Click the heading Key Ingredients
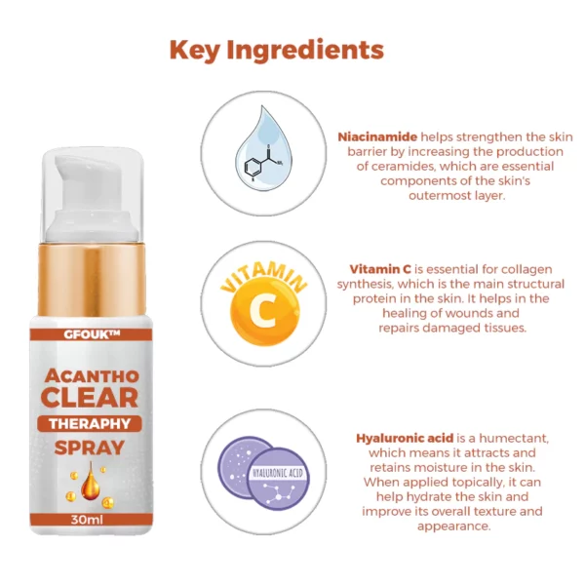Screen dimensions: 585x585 [x=277, y=50]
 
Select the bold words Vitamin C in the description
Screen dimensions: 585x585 [x=380, y=269]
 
